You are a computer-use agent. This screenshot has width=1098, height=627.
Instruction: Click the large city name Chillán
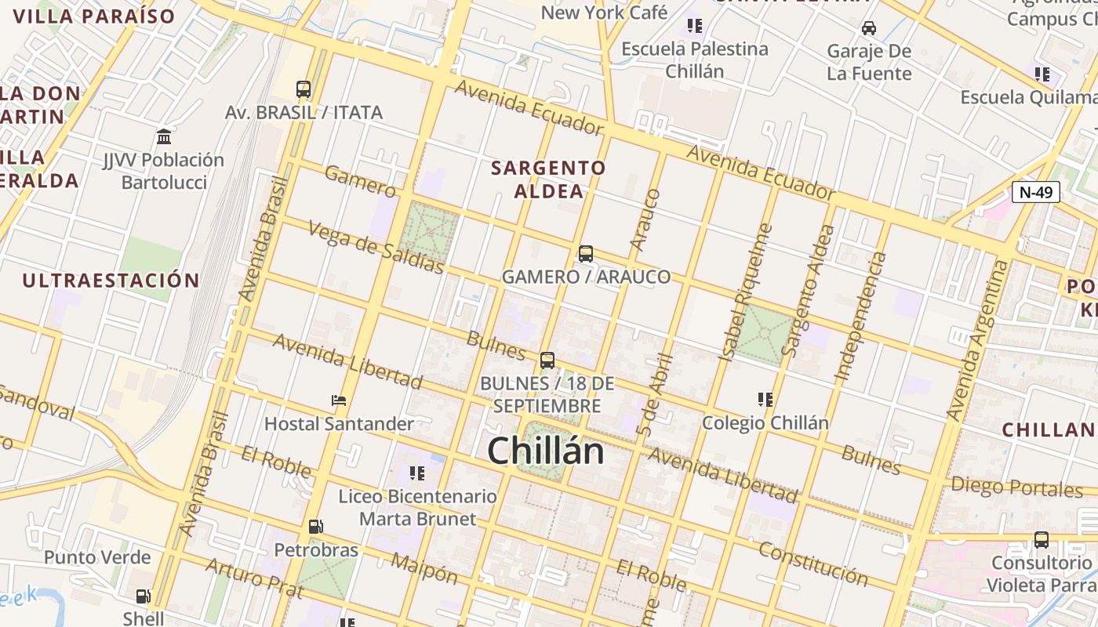coord(546,451)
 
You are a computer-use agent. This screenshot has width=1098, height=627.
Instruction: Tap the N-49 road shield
coord(1035,192)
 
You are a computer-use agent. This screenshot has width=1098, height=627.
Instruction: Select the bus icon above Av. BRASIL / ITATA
coord(304,89)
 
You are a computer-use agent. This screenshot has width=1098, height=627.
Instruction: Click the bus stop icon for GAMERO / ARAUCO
coord(586,254)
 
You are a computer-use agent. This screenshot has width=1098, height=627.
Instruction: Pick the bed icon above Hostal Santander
coord(339,400)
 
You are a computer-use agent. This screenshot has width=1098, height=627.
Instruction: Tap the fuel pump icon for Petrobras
coord(315,527)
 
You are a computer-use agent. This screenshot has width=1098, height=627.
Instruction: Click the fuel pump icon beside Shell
coord(144,596)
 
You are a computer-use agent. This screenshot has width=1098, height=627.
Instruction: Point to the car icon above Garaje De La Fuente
coord(869,28)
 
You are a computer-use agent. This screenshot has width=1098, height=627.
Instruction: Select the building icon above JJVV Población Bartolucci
coord(164,137)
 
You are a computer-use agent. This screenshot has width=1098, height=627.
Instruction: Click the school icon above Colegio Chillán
coord(765,400)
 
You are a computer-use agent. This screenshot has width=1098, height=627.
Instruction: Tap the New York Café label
coord(604,13)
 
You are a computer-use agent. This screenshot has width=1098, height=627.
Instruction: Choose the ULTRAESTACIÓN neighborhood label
coord(111,281)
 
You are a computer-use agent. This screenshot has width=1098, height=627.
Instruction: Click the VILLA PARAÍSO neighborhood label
coord(94,16)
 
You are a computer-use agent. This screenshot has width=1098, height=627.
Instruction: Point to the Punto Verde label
coord(97,557)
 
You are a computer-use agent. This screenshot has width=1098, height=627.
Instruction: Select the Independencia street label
coord(860,317)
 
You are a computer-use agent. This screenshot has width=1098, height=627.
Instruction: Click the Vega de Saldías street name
coord(376,247)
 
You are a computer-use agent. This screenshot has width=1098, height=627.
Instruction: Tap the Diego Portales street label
coord(1016,487)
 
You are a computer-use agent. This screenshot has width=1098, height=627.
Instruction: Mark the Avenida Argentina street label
coord(976,339)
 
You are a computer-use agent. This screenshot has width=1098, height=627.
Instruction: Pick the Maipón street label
coord(424,568)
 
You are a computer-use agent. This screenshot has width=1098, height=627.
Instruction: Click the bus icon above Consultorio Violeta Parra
coord(1042,540)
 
